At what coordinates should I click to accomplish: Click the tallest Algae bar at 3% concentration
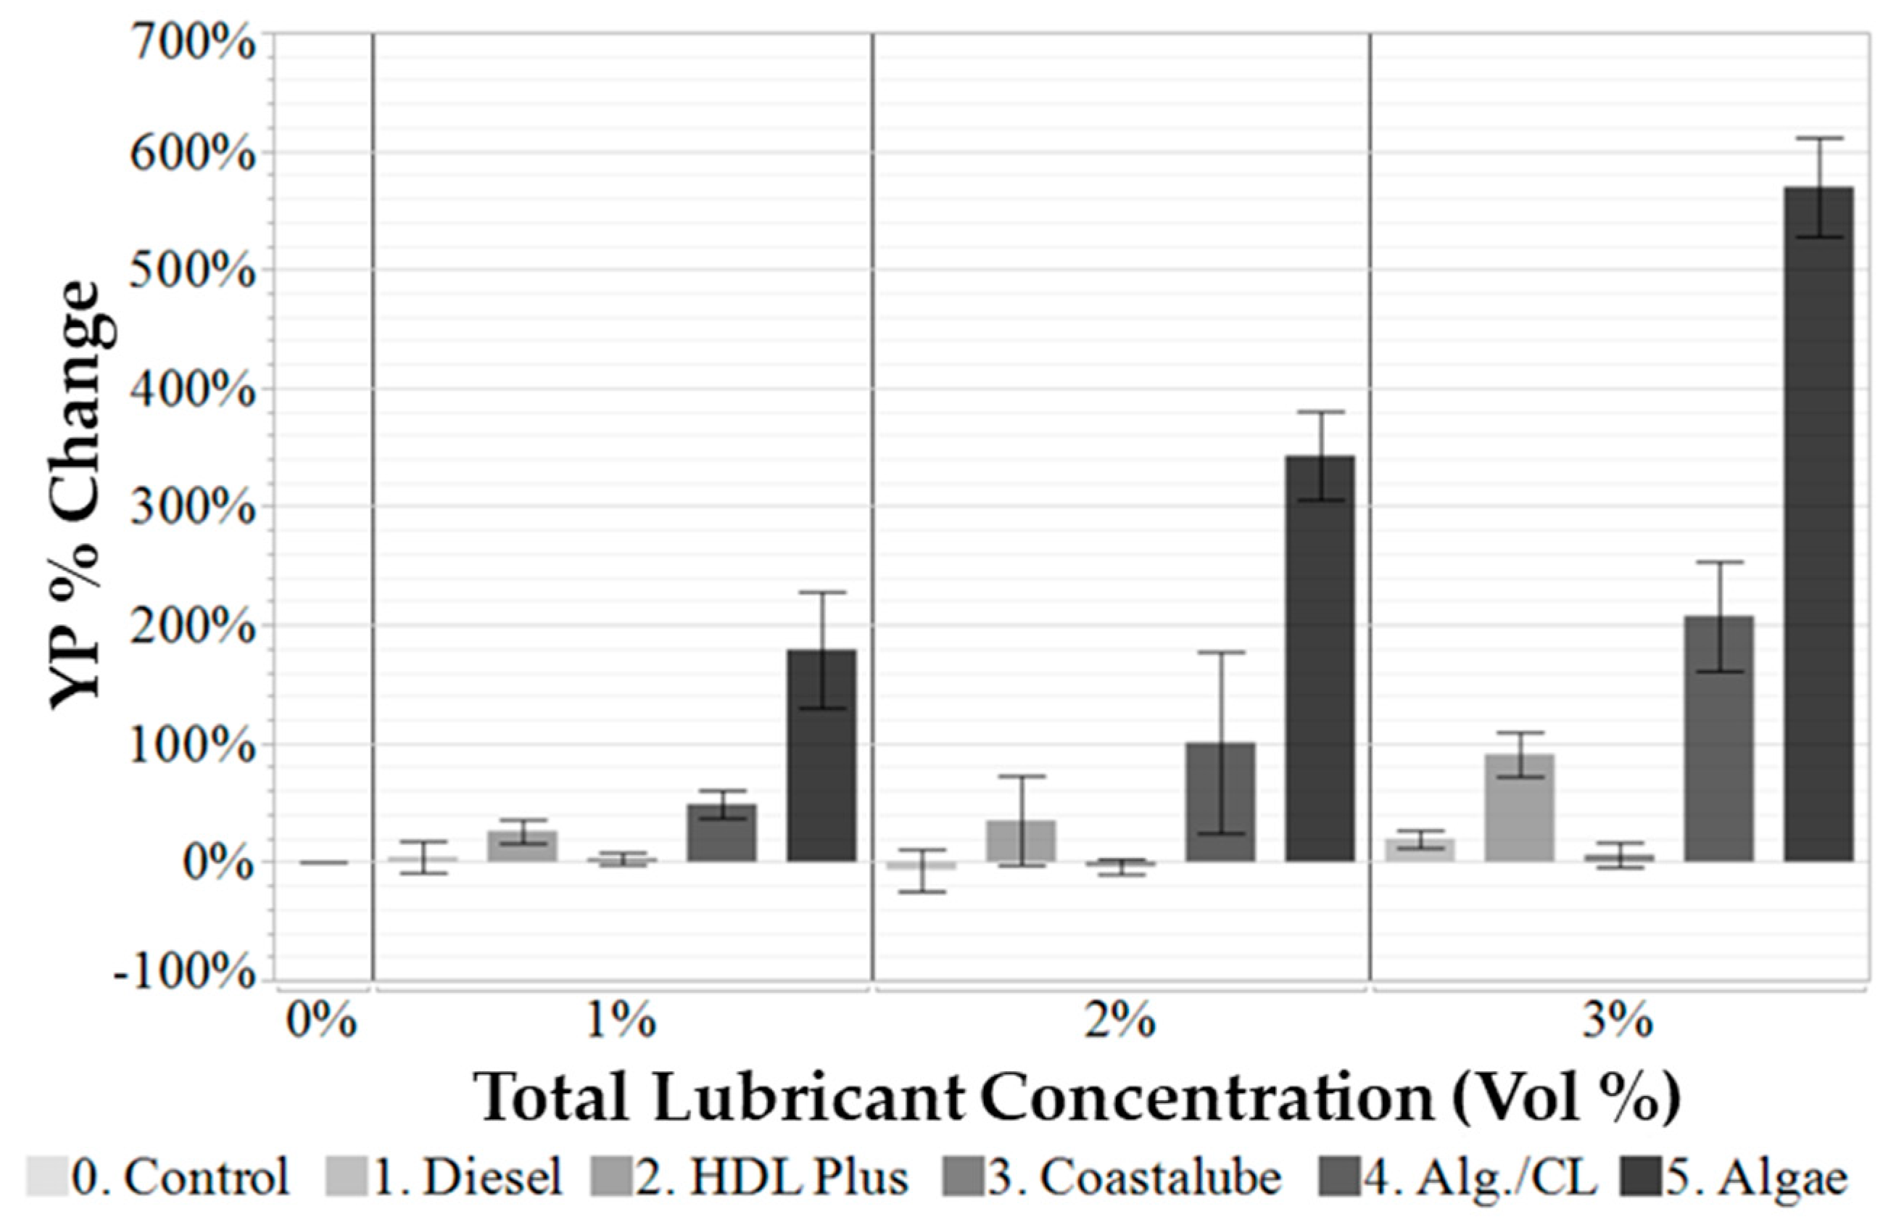tap(1818, 524)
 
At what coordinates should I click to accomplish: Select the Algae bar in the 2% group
tap(1320, 659)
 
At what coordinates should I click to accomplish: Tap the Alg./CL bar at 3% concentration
tap(1719, 738)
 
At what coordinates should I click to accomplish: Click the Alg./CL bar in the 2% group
tap(1220, 801)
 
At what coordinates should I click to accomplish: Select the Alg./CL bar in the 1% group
tap(722, 833)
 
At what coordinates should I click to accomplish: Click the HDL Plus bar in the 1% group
tap(522, 846)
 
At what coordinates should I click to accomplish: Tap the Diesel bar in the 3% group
tap(1419, 850)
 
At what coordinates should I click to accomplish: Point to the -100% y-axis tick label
tap(184, 972)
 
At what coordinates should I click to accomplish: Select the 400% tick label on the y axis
tap(192, 389)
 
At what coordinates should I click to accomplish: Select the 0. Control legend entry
tap(159, 1177)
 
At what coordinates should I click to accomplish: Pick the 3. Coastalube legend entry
tap(1111, 1177)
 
